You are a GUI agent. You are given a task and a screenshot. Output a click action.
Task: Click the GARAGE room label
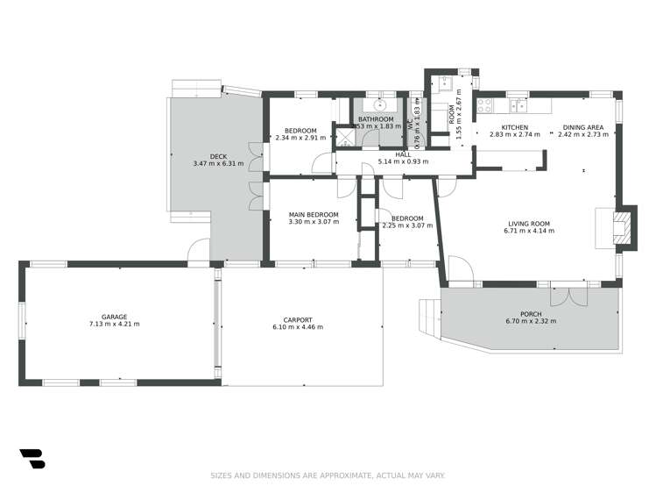[x=114, y=317]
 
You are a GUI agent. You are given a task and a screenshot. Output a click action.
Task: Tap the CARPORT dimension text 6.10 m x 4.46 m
[x=298, y=327]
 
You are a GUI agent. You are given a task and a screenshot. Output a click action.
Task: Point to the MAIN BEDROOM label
[x=314, y=214]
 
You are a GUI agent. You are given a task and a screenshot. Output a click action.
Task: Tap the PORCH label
[x=530, y=314]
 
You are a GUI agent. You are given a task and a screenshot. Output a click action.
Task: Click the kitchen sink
[x=518, y=106]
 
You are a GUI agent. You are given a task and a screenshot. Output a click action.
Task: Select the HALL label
[x=403, y=154]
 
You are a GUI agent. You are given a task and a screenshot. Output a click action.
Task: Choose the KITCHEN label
[x=514, y=127]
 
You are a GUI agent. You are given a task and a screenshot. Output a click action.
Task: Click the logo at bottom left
[x=32, y=459]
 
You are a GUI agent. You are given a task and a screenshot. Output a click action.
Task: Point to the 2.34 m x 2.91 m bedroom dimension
[x=300, y=138]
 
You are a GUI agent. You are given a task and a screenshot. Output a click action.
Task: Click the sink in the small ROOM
[x=444, y=86]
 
